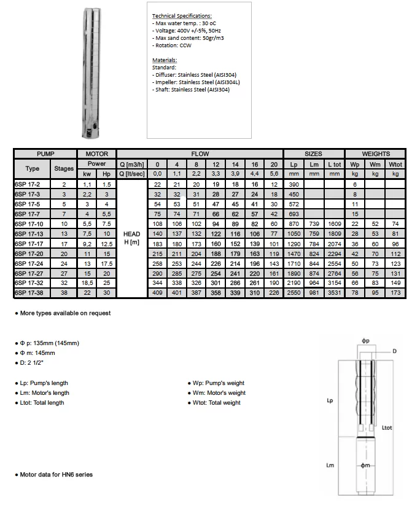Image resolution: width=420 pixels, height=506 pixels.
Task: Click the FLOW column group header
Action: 200,154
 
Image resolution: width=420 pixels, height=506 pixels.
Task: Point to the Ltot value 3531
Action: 334,293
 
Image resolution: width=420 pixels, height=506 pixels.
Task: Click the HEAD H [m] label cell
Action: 131,238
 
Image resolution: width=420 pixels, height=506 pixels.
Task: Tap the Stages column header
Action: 63,168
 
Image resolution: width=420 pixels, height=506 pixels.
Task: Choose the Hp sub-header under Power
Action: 106,174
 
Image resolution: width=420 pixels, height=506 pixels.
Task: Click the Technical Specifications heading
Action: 181,15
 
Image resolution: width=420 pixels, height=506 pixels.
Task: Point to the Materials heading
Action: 164,60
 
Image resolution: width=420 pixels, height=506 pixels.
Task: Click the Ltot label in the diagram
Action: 387,427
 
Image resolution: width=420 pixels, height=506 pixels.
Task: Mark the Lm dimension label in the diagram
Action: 330,465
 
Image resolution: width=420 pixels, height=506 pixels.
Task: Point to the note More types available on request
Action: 63,313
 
